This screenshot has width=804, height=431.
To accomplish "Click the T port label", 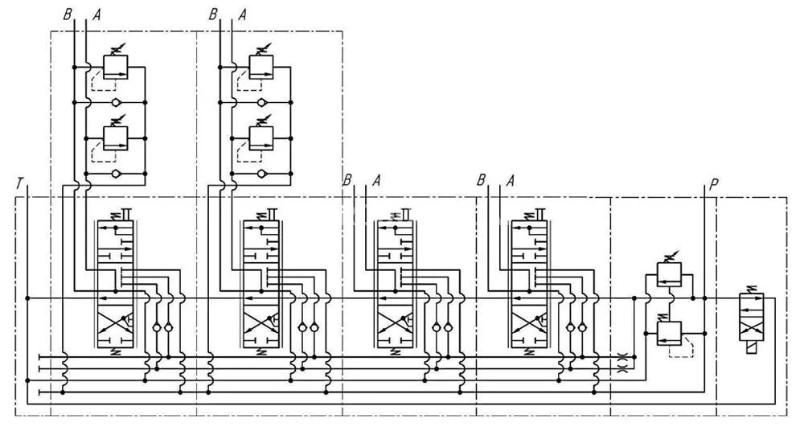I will [18, 185].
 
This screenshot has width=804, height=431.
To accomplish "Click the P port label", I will [714, 185].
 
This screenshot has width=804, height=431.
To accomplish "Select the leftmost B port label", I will [68, 14].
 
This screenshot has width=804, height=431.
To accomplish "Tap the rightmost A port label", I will [509, 179].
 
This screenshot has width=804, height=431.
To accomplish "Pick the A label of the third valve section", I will [375, 179].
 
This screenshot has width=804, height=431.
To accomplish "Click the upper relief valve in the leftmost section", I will [117, 67].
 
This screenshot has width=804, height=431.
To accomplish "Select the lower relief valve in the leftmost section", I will [117, 137].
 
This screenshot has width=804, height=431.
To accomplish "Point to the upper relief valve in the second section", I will [260, 67].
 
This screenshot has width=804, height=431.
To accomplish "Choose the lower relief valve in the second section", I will [260, 137].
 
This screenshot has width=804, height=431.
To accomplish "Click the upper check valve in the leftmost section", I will [117, 103].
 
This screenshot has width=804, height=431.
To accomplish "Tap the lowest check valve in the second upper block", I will [260, 173].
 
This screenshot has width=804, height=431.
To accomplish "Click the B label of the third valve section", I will [347, 179].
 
